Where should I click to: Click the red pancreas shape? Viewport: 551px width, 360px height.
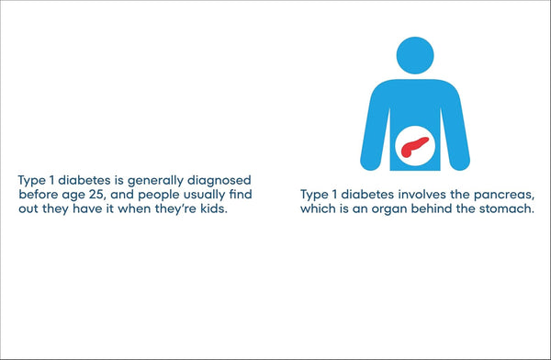point(414,146)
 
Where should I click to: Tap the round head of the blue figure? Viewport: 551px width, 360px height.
point(419,54)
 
